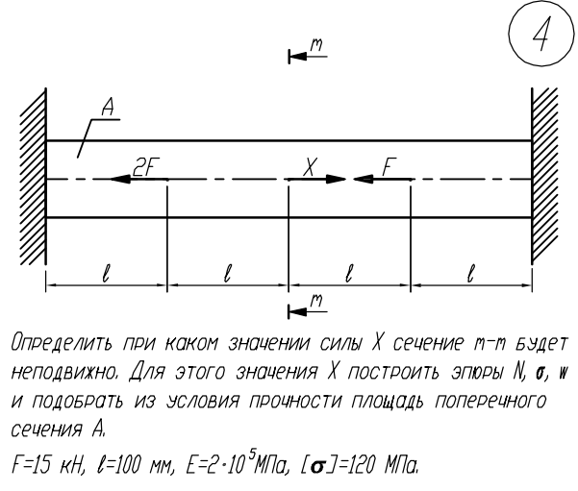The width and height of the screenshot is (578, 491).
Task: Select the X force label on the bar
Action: coord(309,165)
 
